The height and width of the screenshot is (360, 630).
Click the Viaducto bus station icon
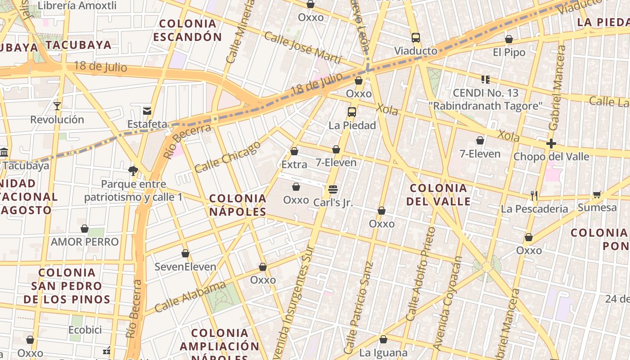[416, 38]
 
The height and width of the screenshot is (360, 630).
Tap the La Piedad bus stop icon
[352, 112]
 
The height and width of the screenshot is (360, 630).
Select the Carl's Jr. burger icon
[333, 189]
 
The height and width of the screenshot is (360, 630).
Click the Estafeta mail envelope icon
[147, 111]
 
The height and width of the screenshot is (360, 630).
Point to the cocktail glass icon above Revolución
[57, 106]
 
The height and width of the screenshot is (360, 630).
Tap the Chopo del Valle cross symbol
[551, 144]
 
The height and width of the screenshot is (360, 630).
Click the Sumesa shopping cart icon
[597, 194]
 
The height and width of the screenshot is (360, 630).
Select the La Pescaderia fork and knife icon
[534, 195]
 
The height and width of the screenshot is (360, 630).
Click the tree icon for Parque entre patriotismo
[133, 171]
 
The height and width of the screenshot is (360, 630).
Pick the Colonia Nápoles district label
[238, 205]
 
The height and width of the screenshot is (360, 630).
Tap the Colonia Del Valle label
[438, 194]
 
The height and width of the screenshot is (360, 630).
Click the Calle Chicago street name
[228, 157]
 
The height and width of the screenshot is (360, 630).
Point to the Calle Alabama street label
[190, 297]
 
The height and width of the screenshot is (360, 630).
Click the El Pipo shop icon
[509, 40]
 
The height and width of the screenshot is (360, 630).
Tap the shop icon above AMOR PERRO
[85, 229]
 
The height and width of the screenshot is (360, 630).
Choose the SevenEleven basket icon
[185, 254]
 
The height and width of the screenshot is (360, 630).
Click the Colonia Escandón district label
[188, 30]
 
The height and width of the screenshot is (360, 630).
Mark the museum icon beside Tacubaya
[4, 152]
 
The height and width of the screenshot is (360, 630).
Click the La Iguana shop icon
[383, 339]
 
